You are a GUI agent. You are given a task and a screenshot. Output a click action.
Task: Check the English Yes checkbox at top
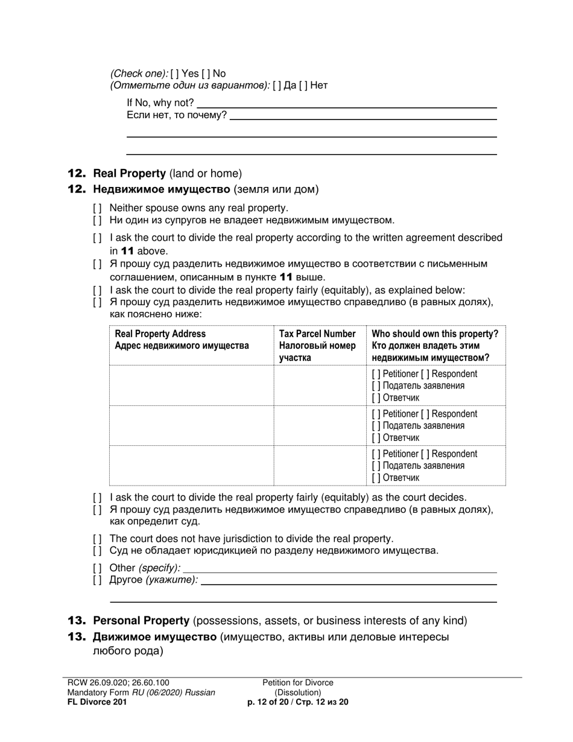coord(174,74)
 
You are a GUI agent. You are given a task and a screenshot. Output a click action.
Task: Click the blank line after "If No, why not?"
coord(346,104)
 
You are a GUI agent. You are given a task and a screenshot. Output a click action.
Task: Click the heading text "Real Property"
coord(129,174)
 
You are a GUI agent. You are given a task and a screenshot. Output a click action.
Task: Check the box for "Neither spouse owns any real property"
coord(98,209)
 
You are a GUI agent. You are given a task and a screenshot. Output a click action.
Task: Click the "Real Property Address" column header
coord(160,334)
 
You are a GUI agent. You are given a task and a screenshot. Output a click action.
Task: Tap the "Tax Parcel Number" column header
coord(317,334)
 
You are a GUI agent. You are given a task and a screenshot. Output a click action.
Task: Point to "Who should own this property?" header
coord(435,334)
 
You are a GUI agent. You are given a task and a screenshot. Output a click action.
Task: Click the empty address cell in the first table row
coord(191,385)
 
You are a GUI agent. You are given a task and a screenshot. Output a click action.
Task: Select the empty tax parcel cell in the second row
coord(319,425)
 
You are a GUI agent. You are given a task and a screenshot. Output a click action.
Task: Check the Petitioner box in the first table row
coord(376,374)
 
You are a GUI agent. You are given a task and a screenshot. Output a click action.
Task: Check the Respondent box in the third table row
coord(425,454)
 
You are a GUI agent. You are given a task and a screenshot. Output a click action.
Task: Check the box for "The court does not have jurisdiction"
coord(98,539)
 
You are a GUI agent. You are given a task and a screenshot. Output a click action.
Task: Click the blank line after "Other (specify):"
coord(339,568)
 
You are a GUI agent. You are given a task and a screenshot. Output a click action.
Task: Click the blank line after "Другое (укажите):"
coord(348,580)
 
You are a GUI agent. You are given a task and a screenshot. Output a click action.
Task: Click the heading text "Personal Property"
coord(141,621)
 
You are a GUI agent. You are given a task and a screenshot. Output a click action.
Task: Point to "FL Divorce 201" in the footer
coord(97,702)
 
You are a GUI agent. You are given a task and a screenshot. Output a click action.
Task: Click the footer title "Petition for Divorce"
coord(298,683)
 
